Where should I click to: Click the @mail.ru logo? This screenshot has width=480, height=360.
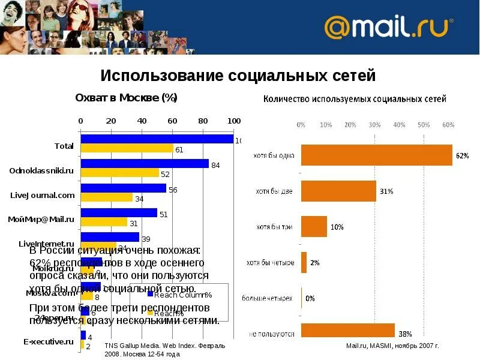click(x=388, y=28)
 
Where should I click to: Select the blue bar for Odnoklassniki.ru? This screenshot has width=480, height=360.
click(x=145, y=164)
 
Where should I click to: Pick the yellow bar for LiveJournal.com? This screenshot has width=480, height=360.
click(x=107, y=197)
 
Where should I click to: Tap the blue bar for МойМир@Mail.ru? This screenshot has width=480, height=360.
click(x=119, y=213)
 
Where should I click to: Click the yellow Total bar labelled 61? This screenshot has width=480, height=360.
click(x=127, y=149)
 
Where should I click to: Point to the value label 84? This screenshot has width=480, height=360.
click(x=215, y=165)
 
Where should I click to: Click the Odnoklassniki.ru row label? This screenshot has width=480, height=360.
click(x=41, y=170)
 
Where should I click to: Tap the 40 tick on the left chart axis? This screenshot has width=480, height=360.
click(x=142, y=121)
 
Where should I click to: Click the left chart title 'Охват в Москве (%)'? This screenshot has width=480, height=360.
click(x=126, y=98)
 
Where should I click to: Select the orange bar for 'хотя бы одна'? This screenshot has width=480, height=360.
click(x=376, y=155)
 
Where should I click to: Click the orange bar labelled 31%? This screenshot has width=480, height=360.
click(x=338, y=191)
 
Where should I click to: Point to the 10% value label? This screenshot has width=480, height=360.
click(x=337, y=227)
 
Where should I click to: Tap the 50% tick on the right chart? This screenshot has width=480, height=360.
click(x=424, y=125)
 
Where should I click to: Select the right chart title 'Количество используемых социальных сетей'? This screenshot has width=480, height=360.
click(x=355, y=99)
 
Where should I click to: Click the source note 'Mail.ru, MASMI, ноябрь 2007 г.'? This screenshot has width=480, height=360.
click(x=392, y=346)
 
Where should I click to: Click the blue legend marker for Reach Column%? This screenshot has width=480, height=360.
click(x=151, y=294)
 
